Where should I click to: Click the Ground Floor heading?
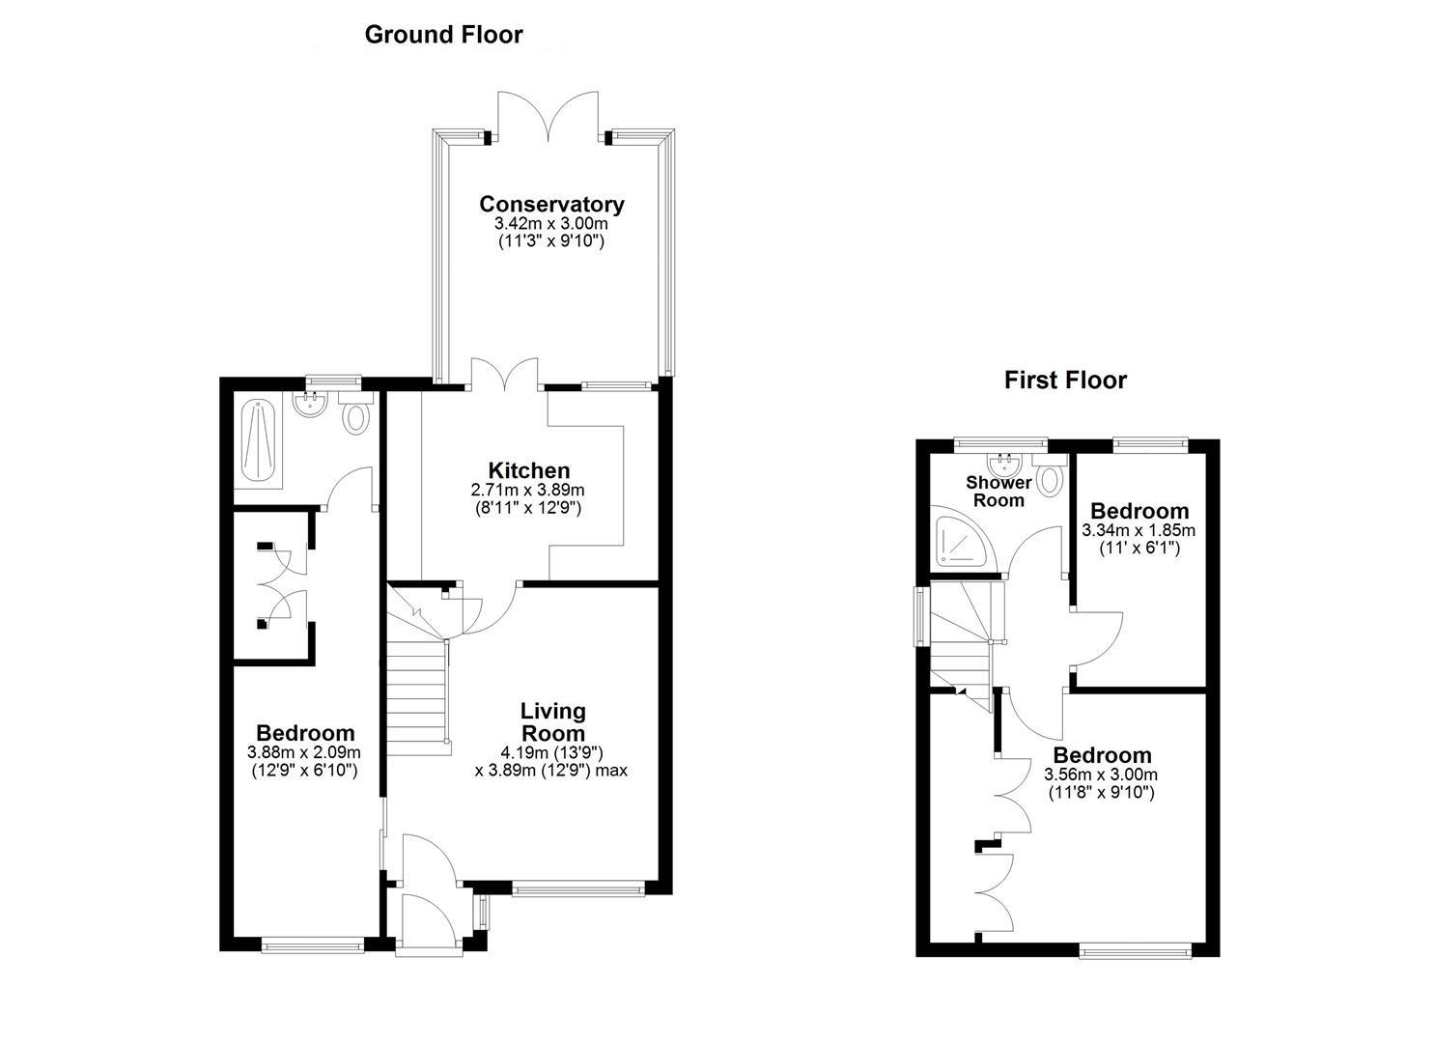(x=443, y=35)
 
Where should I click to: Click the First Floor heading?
(x=1065, y=381)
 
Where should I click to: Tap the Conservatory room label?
(x=551, y=204)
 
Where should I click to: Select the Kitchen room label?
(x=528, y=470)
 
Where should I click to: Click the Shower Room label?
(x=998, y=491)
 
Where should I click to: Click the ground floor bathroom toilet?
(x=356, y=417)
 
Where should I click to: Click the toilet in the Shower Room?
(x=1050, y=476)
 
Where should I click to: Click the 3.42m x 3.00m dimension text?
(x=551, y=224)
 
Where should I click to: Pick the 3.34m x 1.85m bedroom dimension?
(x=1139, y=530)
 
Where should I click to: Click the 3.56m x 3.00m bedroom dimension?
(x=1101, y=775)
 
